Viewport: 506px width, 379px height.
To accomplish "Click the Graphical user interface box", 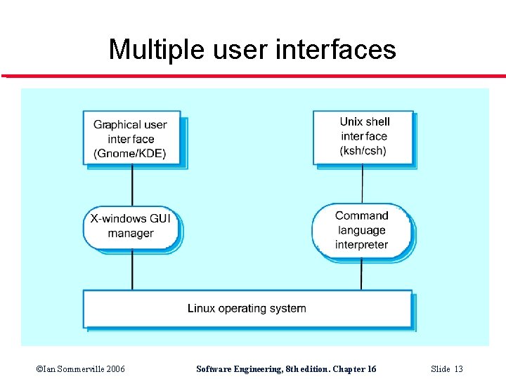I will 131,138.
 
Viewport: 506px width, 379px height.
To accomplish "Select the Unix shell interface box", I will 363,137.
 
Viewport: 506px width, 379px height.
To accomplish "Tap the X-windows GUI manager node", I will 131,227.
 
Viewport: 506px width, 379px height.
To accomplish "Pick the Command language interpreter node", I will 361,230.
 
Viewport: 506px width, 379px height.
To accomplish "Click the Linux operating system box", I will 247,309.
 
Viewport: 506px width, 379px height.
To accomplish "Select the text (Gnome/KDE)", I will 130,154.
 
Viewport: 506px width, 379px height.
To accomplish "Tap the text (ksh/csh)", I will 363,151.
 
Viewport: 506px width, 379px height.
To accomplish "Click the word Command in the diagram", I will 361,215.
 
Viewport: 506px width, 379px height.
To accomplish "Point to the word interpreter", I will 361,245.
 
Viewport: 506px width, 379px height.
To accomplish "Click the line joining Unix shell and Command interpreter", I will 363,184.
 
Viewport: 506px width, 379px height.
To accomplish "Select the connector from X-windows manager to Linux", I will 132,270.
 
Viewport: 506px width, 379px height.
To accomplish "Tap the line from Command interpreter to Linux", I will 361,274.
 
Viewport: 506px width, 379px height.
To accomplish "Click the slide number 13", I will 458,369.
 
